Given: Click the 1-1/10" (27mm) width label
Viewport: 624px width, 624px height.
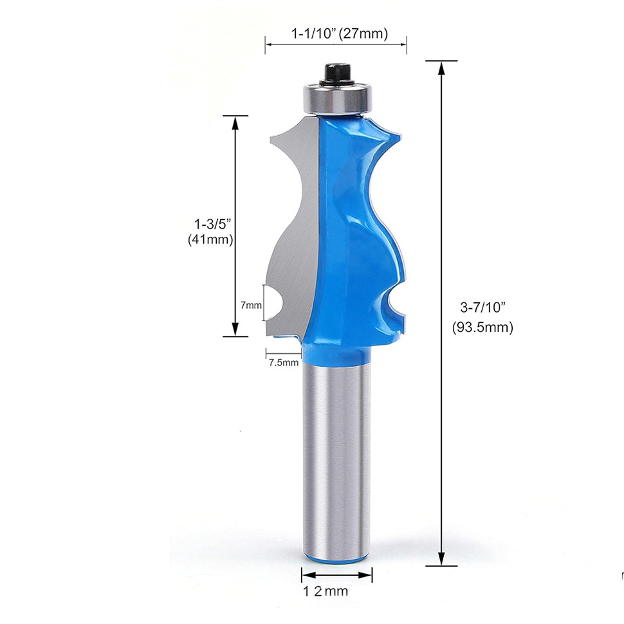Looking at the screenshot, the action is click(340, 33).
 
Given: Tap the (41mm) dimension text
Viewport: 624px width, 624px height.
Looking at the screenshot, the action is click(210, 239).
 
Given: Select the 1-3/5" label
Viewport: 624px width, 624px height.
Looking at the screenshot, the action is click(212, 224).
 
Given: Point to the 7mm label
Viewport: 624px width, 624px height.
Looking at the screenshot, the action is click(251, 305).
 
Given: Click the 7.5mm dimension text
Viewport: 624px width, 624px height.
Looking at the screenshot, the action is click(283, 363).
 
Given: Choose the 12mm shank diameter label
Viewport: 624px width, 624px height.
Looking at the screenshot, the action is click(326, 591).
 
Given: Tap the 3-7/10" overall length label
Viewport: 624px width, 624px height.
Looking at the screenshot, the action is click(482, 307).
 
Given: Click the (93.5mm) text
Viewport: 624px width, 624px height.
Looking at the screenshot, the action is click(482, 327).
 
